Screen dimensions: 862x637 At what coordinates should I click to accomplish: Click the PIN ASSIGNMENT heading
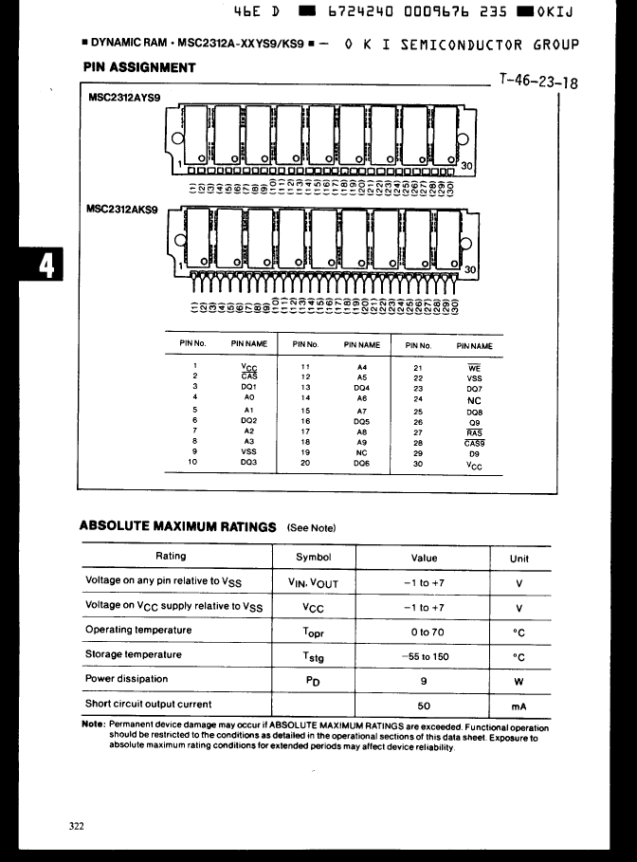[x=139, y=67]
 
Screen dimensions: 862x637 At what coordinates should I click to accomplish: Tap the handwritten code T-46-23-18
[x=537, y=81]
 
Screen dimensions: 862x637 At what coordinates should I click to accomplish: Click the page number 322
[x=77, y=826]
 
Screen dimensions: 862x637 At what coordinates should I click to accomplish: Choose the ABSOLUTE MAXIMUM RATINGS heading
[x=177, y=526]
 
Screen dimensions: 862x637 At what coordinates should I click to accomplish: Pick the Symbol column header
[x=313, y=558]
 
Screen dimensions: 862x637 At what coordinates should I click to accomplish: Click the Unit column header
[x=519, y=559]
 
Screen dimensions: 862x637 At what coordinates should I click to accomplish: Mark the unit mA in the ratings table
[x=519, y=706]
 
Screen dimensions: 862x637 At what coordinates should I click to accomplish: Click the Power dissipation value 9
[x=424, y=680]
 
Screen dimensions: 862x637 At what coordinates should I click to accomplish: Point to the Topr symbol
[x=313, y=632]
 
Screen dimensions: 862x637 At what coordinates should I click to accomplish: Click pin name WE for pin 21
[x=474, y=367]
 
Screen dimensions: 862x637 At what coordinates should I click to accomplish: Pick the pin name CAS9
[x=474, y=442]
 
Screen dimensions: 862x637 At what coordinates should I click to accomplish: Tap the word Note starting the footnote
[x=93, y=724]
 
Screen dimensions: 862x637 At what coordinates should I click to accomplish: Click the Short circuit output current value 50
[x=424, y=706]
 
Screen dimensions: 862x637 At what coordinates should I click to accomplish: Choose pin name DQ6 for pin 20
[x=361, y=463]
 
